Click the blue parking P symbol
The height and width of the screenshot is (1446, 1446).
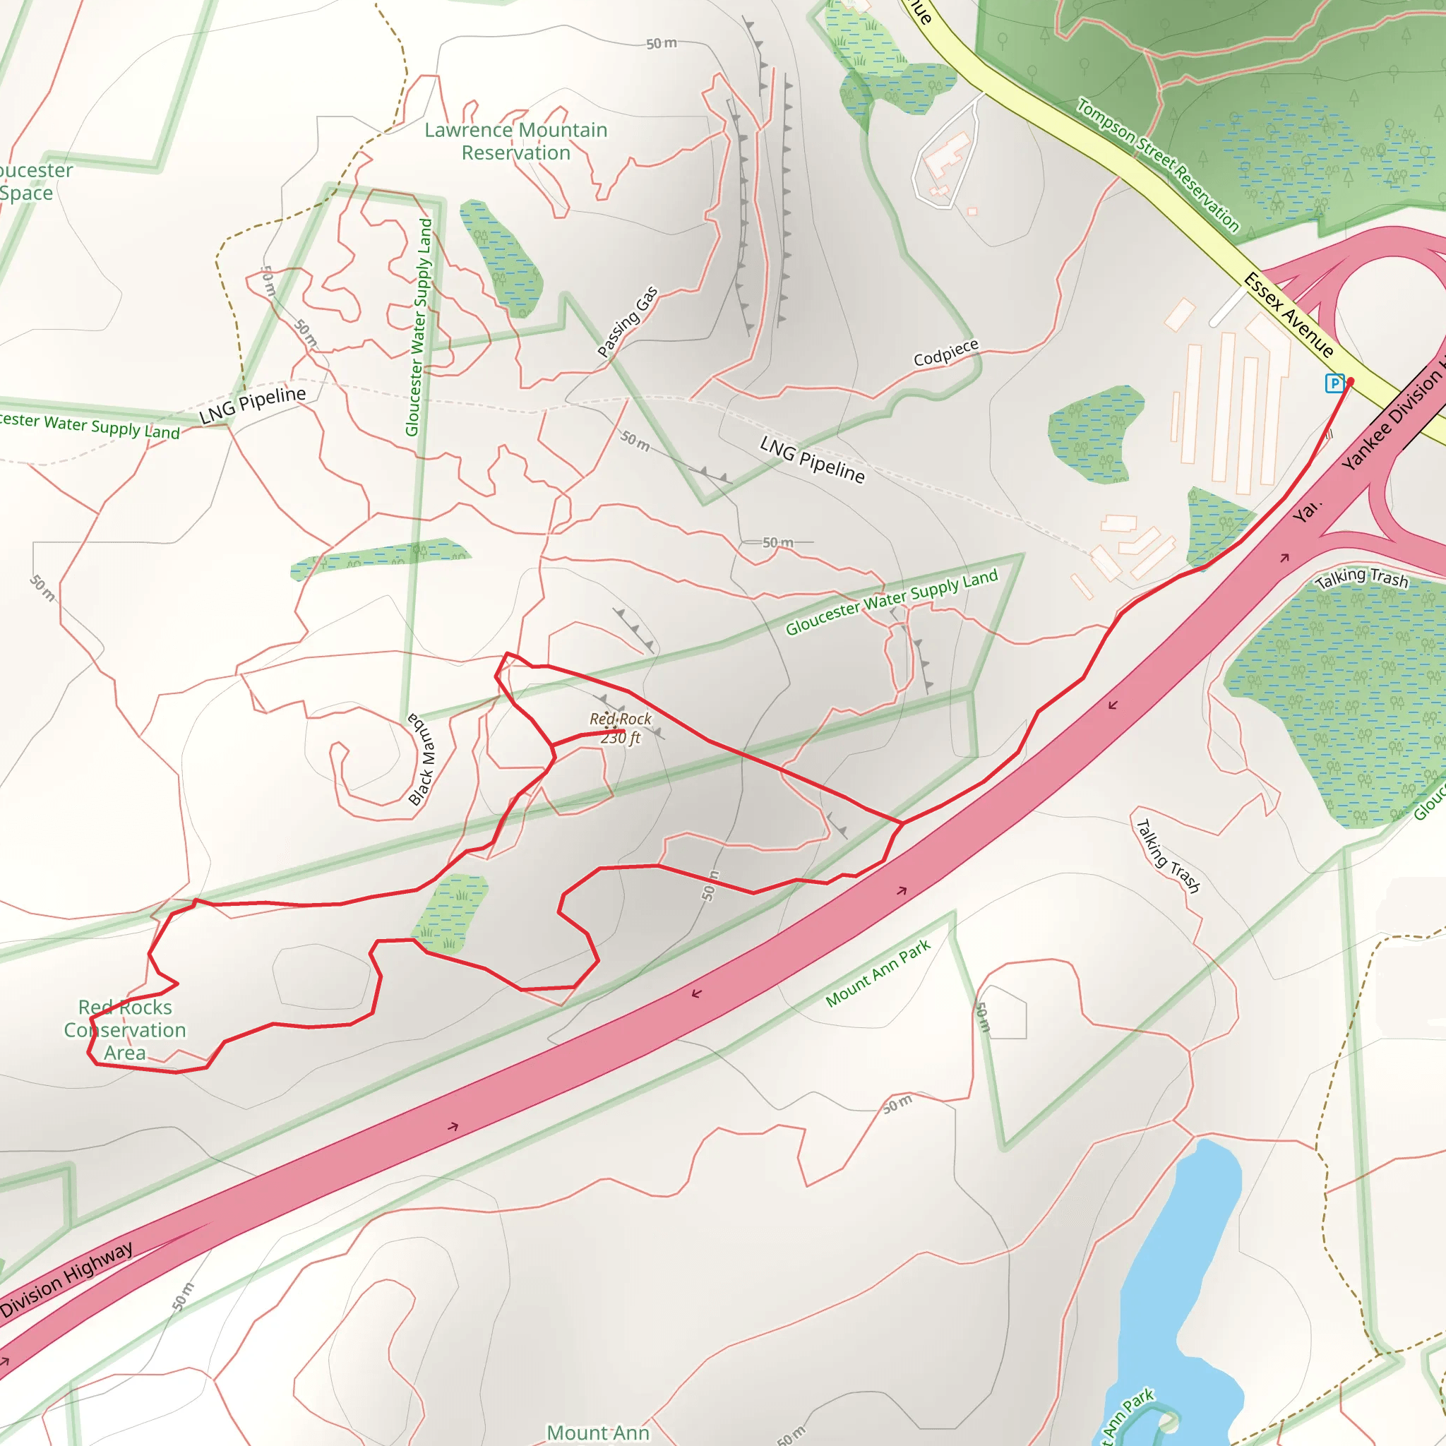click(1334, 383)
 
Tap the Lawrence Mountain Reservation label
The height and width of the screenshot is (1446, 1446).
click(515, 141)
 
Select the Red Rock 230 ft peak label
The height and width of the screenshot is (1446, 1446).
click(621, 728)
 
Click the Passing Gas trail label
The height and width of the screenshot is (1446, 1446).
click(627, 322)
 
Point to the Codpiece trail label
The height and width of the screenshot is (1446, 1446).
click(945, 352)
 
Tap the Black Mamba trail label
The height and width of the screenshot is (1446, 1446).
click(422, 760)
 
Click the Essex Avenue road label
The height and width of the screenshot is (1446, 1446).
click(1289, 315)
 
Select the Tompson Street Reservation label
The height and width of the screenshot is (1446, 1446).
click(1158, 165)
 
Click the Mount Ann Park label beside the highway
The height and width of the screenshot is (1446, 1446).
click(878, 973)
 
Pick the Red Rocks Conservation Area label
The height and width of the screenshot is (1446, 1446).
click(125, 1030)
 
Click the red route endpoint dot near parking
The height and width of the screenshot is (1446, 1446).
click(1350, 382)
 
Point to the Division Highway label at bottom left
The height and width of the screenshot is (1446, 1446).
click(67, 1280)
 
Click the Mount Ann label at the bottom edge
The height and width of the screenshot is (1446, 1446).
click(598, 1433)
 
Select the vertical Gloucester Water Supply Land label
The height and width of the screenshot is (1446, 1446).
click(419, 327)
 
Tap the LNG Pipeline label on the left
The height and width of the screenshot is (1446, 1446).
click(252, 404)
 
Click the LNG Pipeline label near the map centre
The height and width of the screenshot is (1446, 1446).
click(812, 460)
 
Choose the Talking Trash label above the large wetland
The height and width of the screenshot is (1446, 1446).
click(1361, 578)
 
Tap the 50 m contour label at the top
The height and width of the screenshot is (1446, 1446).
click(662, 43)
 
